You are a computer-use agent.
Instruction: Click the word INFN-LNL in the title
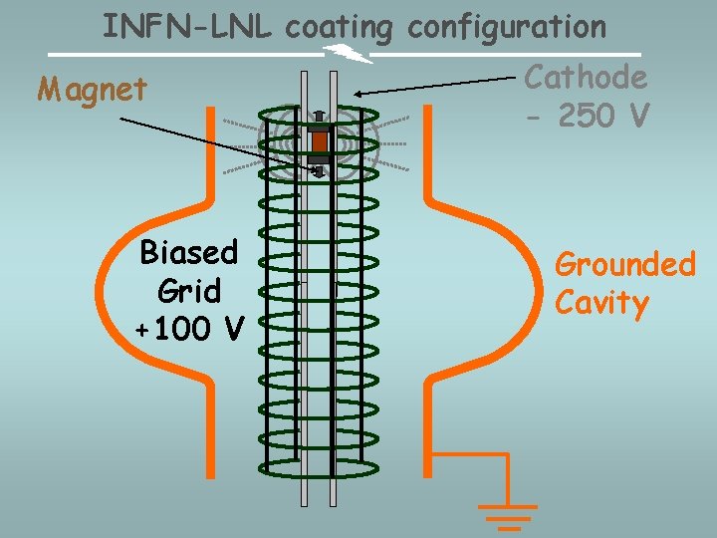click(189, 26)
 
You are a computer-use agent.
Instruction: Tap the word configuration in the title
click(507, 27)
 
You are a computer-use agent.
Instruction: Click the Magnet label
click(93, 90)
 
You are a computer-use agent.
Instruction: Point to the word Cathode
click(586, 77)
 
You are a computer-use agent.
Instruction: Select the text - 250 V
click(588, 116)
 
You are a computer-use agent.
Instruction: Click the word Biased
click(189, 253)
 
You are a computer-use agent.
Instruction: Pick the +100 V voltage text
click(189, 327)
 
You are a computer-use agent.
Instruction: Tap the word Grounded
click(624, 265)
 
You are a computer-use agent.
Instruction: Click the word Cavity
click(601, 302)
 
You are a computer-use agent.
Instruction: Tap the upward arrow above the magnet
click(319, 118)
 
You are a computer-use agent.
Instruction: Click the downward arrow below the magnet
click(319, 170)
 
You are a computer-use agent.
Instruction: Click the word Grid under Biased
click(189, 291)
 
